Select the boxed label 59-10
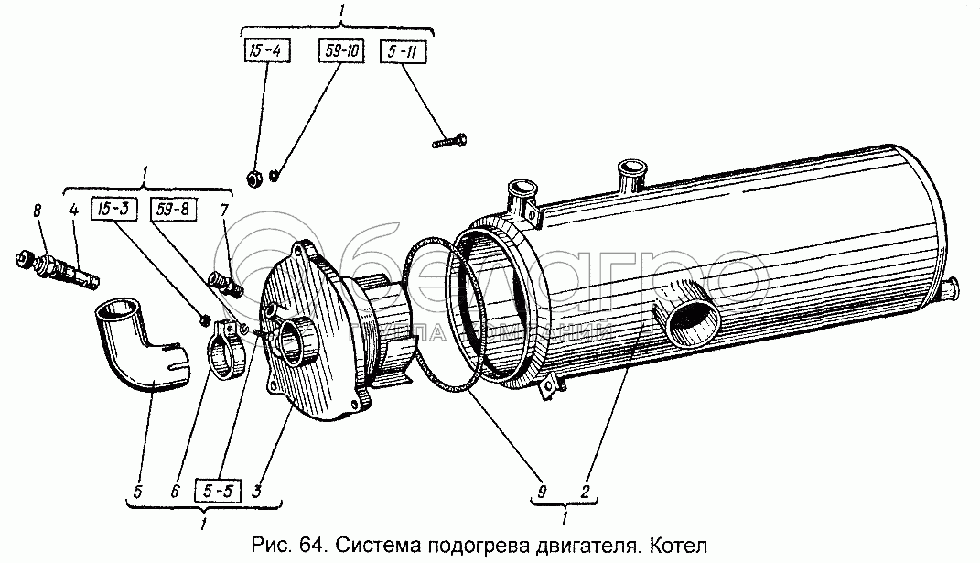[x=339, y=51]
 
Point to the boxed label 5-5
[x=218, y=492]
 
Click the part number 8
[x=38, y=212]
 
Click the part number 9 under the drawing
[x=542, y=492]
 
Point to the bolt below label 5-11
[x=447, y=142]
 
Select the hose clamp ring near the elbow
[x=226, y=351]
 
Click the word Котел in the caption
[x=678, y=547]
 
